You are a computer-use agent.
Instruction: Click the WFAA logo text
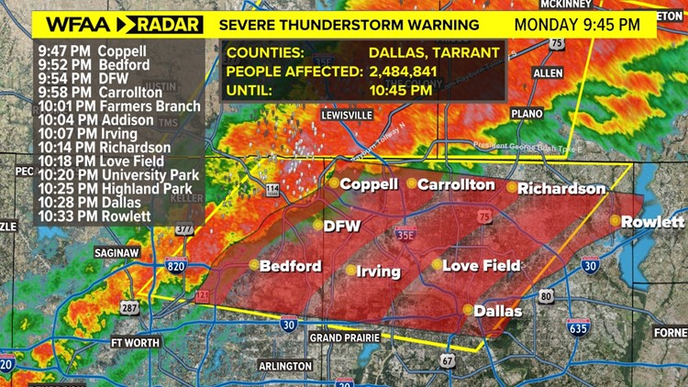click(62, 24)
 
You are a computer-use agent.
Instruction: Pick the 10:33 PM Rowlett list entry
click(89, 216)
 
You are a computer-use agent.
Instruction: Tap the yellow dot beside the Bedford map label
click(254, 265)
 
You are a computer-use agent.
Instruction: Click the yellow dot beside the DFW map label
click(317, 225)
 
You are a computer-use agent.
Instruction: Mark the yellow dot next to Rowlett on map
click(615, 221)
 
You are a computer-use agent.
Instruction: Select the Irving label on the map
click(379, 271)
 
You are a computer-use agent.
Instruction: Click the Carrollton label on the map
click(456, 184)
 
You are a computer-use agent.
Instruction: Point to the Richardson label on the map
click(561, 189)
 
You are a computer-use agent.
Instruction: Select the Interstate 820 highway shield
click(176, 266)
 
